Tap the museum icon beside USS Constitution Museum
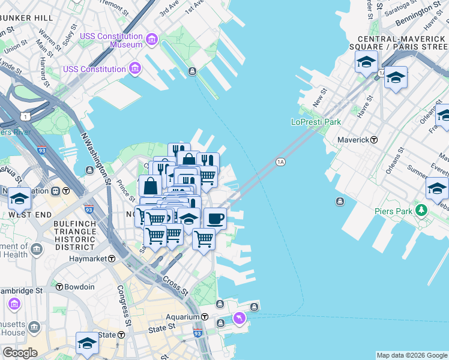151,40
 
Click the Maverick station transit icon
374,140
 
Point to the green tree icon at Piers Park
421,211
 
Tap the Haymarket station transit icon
112,259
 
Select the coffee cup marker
215,218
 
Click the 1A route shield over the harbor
280,162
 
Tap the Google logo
19,353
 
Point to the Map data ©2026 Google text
411,355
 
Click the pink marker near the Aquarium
240,317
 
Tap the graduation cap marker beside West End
19,199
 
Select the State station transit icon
122,335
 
